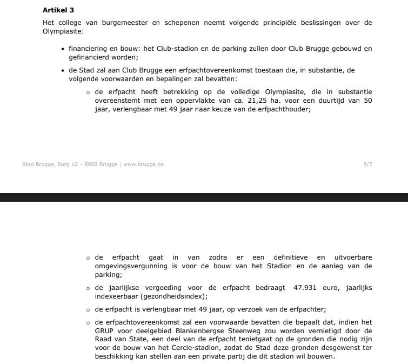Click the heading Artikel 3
(x=58, y=10)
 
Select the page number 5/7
(x=367, y=164)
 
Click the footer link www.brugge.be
(x=143, y=164)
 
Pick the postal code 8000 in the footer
(x=91, y=164)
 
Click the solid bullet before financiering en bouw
(x=63, y=49)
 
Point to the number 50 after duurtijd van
(x=367, y=101)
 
